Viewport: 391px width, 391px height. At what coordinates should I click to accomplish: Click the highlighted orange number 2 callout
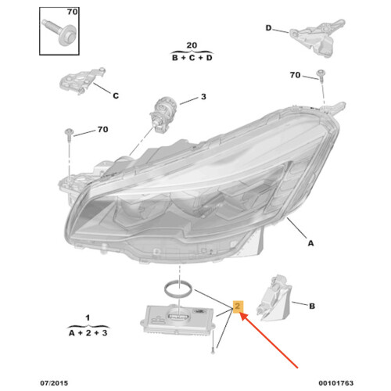(238, 307)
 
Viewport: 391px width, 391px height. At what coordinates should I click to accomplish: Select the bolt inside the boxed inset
(59, 31)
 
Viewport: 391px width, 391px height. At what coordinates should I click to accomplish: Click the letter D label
(268, 28)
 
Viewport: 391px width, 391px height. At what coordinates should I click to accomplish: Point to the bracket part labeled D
(317, 37)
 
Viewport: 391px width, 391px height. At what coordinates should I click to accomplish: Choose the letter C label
(116, 96)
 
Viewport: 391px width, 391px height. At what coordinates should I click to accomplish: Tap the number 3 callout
(203, 97)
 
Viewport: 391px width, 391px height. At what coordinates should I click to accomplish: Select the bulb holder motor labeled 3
(163, 114)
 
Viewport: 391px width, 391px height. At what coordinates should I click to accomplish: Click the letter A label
(310, 243)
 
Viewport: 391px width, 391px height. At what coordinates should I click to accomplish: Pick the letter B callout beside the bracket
(312, 306)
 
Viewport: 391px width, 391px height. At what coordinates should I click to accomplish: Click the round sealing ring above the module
(178, 289)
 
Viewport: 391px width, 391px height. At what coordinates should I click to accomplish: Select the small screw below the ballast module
(213, 343)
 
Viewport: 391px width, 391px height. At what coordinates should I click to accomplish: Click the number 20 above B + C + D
(192, 45)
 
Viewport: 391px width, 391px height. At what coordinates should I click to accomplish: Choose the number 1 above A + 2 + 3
(88, 317)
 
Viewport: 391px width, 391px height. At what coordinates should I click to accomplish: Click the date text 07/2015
(54, 383)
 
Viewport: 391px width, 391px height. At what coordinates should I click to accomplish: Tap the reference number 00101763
(336, 383)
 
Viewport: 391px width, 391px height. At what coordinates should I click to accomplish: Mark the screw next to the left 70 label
(69, 135)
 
